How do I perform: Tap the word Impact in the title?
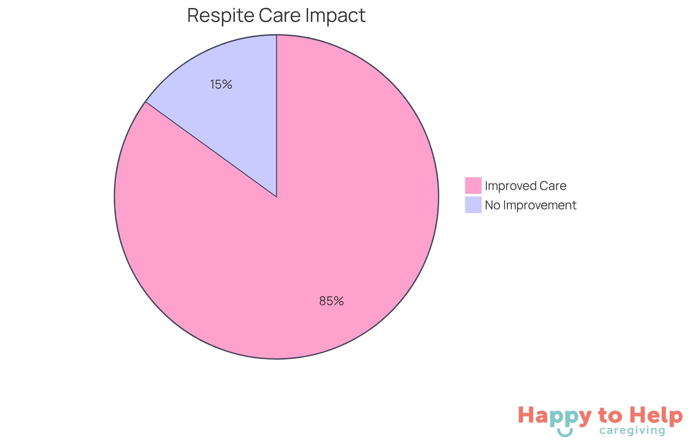[x=335, y=16]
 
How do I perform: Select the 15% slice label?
[x=221, y=85]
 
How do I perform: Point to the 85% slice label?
[x=331, y=301]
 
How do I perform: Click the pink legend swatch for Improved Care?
[x=473, y=185]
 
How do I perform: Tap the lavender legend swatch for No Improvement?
[x=473, y=205]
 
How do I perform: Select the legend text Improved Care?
[x=525, y=186]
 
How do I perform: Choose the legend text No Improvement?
[x=530, y=205]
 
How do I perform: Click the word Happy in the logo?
[x=555, y=416]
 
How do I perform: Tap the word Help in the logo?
[x=656, y=415]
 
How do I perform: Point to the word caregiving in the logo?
[x=632, y=431]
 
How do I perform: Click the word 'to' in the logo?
[x=610, y=416]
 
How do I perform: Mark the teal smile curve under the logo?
[x=565, y=433]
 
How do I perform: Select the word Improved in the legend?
[x=510, y=186]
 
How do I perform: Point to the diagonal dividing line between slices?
[x=211, y=149]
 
